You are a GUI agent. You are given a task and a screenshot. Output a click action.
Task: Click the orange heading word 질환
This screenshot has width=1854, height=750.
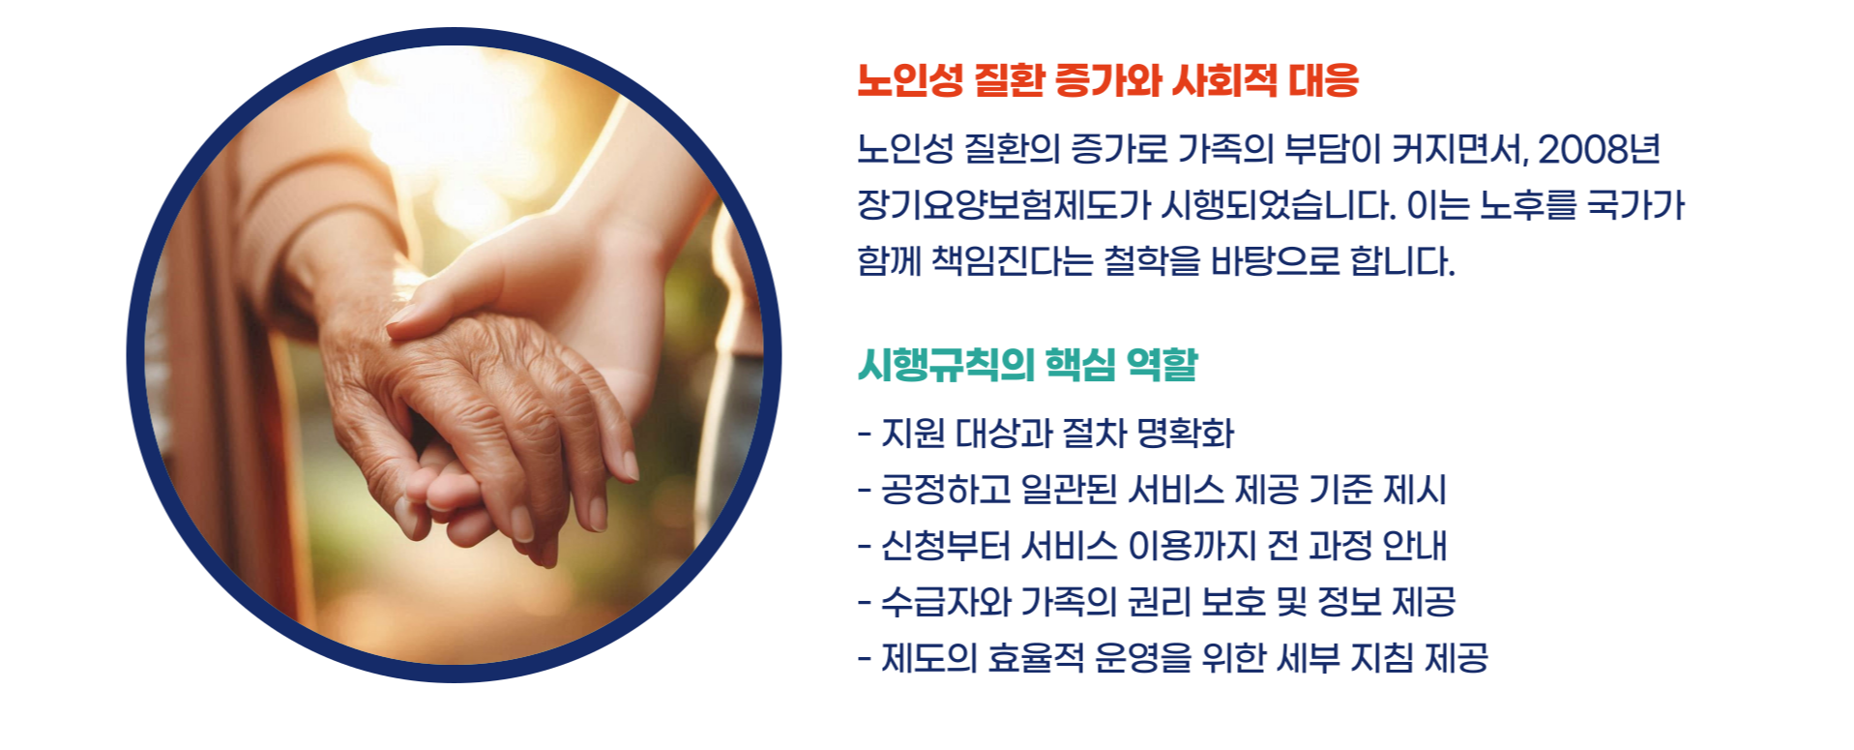[1009, 80]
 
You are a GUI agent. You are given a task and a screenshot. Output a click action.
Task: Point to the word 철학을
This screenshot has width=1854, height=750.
[1151, 261]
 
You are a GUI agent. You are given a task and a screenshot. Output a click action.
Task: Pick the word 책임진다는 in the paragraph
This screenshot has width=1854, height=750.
[1012, 261]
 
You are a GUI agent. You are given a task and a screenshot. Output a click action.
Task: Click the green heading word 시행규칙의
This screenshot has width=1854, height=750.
[946, 365]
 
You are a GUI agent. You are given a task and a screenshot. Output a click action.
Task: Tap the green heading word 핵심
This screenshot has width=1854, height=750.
[1081, 365]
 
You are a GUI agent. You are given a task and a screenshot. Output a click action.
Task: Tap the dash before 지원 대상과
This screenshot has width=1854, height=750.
[865, 434]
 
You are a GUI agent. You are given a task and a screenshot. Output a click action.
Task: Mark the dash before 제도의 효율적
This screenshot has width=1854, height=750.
[865, 659]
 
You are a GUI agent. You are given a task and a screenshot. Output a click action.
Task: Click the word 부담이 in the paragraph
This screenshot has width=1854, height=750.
[1331, 149]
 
